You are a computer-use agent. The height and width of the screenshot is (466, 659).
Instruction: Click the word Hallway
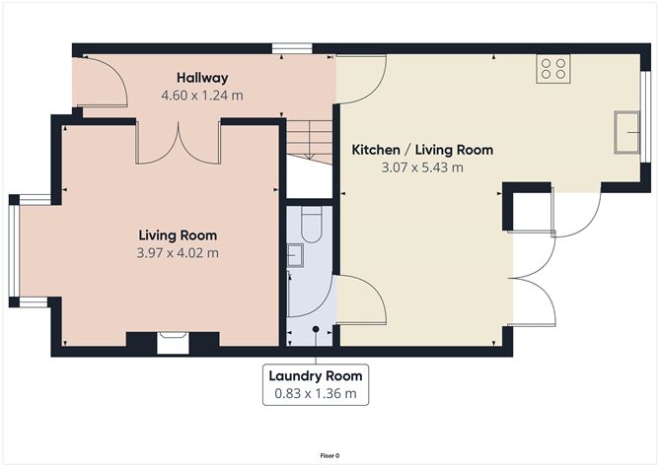pyautogui.click(x=202, y=78)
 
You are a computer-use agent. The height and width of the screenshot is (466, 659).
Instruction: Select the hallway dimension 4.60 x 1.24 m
pyautogui.click(x=202, y=96)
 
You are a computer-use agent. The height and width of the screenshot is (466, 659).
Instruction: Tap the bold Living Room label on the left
pyautogui.click(x=178, y=235)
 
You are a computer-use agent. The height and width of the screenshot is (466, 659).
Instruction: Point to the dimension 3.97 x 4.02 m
pyautogui.click(x=178, y=253)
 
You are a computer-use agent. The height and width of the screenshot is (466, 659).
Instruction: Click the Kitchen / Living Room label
pyautogui.click(x=422, y=150)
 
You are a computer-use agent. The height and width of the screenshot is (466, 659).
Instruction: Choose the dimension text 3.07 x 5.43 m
pyautogui.click(x=422, y=167)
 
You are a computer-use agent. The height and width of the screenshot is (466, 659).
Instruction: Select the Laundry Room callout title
pyautogui.click(x=316, y=375)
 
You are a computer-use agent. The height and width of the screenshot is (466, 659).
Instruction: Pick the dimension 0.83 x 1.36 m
pyautogui.click(x=316, y=394)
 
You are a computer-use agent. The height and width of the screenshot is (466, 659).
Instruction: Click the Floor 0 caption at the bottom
pyautogui.click(x=329, y=455)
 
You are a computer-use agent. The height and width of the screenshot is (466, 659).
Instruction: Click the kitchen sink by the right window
pyautogui.click(x=624, y=132)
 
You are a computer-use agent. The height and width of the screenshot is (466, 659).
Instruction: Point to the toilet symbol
pyautogui.click(x=309, y=229)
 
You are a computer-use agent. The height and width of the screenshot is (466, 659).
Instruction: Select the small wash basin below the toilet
pyautogui.click(x=295, y=256)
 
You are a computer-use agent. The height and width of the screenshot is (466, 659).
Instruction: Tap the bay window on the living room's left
pyautogui.click(x=14, y=250)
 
